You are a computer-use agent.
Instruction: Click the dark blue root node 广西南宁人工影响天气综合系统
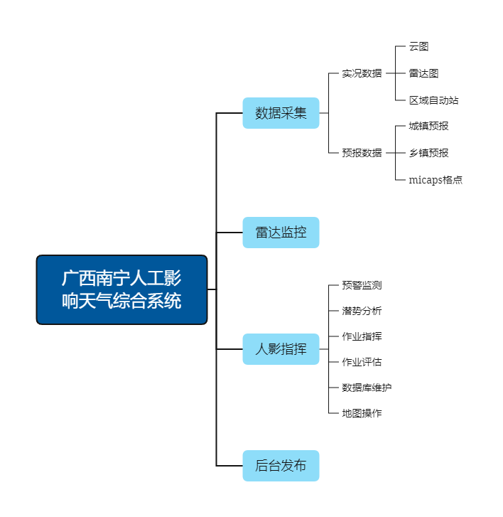[x=121, y=289]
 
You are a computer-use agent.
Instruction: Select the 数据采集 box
[x=281, y=113]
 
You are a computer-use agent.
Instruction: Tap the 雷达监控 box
[x=281, y=233]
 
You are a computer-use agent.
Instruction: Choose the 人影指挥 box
[x=281, y=349]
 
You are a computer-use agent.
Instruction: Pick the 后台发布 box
[x=281, y=466]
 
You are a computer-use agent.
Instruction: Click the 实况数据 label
[x=362, y=73]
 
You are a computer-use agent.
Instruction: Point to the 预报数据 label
[x=362, y=153]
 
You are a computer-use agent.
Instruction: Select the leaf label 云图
[x=418, y=47]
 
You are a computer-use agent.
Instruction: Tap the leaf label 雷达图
[x=423, y=73]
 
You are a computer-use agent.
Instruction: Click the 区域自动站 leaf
[x=433, y=100]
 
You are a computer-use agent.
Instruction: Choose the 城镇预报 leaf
[x=428, y=126]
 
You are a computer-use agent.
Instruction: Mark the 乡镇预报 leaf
[x=428, y=153]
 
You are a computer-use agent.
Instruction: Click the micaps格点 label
[x=436, y=180]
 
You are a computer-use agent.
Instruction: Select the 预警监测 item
[x=362, y=285]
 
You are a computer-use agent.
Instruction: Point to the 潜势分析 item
[x=362, y=311]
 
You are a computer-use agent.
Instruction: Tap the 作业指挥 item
[x=362, y=336]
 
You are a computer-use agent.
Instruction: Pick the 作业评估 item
[x=362, y=362]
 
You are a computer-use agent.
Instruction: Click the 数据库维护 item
[x=367, y=388]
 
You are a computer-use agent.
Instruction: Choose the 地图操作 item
[x=362, y=413]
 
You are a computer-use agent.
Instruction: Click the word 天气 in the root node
[x=97, y=302]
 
